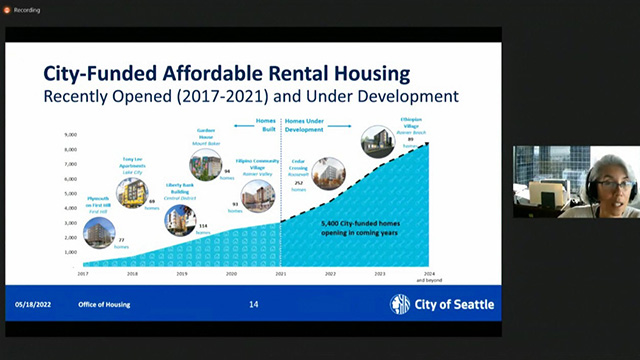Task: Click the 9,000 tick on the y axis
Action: [70, 134]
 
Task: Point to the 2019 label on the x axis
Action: [181, 273]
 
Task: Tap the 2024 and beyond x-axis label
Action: [428, 274]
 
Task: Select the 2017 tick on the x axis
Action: [84, 273]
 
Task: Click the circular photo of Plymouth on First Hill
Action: [99, 231]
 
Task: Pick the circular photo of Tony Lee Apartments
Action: [131, 193]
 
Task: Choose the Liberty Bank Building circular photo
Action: [180, 219]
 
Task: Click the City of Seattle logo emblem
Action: [399, 305]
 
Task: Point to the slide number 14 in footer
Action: [253, 304]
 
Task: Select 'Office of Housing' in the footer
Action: [104, 304]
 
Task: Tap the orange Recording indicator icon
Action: [8, 8]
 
